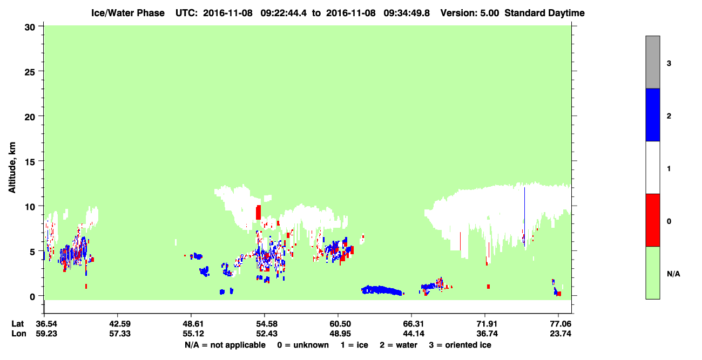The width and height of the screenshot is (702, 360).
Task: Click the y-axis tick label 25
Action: (30, 72)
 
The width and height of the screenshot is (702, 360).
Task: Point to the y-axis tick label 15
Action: (30, 162)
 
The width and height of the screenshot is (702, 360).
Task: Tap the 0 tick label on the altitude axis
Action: (32, 297)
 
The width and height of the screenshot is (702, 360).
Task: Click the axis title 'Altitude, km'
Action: (12, 168)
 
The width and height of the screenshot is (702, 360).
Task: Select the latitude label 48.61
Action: (193, 324)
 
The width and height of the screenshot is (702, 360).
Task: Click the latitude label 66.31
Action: (414, 324)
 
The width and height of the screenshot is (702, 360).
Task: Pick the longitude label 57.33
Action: (120, 334)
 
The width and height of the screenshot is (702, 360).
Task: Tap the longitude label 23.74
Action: (561, 334)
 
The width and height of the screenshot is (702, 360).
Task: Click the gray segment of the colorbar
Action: (653, 62)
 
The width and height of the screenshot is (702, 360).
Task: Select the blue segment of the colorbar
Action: (653, 114)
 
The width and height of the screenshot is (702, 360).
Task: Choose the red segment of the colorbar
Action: (653, 220)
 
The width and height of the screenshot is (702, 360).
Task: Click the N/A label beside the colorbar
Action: (673, 274)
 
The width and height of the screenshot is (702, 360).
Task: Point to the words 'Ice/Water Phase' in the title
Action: (128, 13)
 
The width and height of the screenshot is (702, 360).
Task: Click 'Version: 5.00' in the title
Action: (470, 13)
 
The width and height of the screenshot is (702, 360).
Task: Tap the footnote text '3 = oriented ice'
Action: (460, 345)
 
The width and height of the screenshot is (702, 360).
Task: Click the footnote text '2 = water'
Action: (399, 345)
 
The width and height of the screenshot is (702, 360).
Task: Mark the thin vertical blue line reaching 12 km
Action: (525, 216)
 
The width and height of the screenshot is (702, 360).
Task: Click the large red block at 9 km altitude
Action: (258, 213)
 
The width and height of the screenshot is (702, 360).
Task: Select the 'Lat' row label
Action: (17, 324)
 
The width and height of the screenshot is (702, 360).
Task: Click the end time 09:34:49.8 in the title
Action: (407, 13)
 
